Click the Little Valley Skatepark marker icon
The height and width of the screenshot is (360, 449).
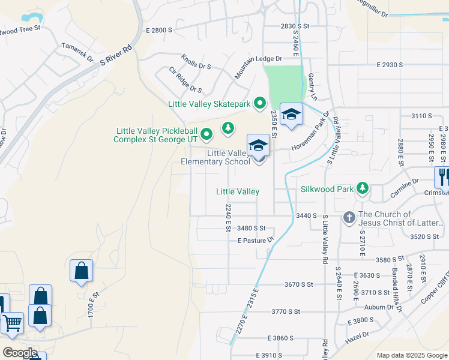[259, 104]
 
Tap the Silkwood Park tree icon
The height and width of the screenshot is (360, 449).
[362, 189]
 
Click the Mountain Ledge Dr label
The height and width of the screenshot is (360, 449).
[258, 65]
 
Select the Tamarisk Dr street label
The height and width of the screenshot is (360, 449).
[77, 52]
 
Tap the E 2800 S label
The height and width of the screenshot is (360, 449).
[163, 30]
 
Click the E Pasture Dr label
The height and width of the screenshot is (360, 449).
[256, 240]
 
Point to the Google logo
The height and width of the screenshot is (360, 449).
[20, 353]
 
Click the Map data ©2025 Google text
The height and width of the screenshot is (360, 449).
[411, 355]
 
